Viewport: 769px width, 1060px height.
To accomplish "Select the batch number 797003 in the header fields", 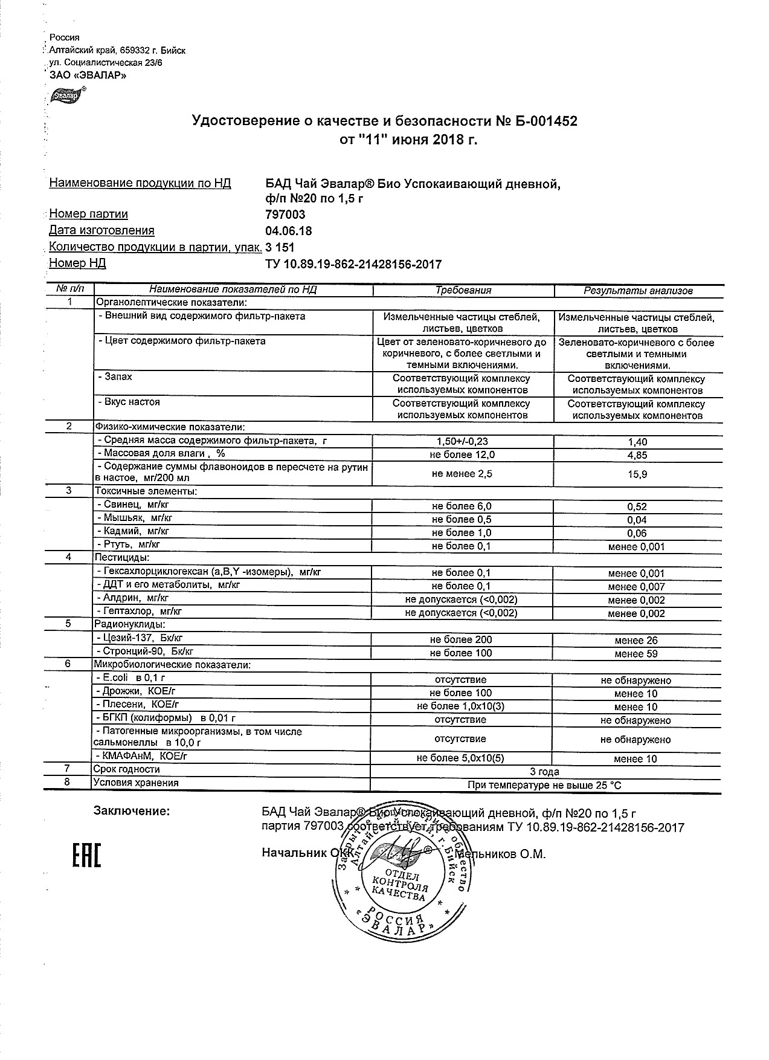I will pos(286,215).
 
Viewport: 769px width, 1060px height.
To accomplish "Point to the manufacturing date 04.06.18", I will pos(289,231).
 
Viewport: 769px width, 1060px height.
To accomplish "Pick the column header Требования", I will pos(463,291).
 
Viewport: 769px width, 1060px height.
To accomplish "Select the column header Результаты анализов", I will pos(638,291).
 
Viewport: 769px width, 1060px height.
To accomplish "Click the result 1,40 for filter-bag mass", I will pos(638,442).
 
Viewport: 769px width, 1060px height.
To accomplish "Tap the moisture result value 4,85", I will pos(638,455).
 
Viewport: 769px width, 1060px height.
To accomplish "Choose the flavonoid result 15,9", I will pos(638,474).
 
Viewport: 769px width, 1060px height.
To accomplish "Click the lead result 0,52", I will pos(638,507).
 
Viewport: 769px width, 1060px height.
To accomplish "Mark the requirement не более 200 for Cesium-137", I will pos(461,640).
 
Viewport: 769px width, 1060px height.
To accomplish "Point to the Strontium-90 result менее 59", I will pos(636,654).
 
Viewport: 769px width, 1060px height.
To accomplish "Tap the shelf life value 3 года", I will pos(544,772).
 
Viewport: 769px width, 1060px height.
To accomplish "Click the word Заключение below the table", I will pos(132,811).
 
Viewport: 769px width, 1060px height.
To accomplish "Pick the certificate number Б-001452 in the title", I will pos(538,121).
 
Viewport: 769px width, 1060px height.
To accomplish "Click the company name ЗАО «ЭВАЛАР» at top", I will pos(88,76).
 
